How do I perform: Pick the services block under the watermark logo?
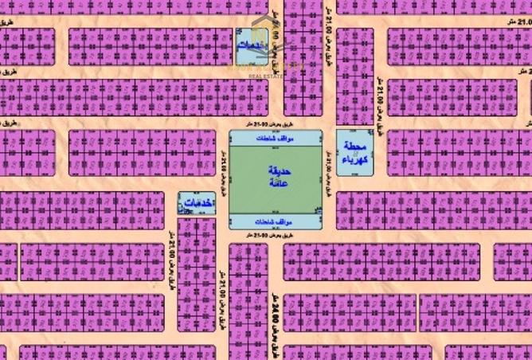253,46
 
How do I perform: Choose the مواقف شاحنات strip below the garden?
276,221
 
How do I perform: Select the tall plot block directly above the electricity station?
354,76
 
